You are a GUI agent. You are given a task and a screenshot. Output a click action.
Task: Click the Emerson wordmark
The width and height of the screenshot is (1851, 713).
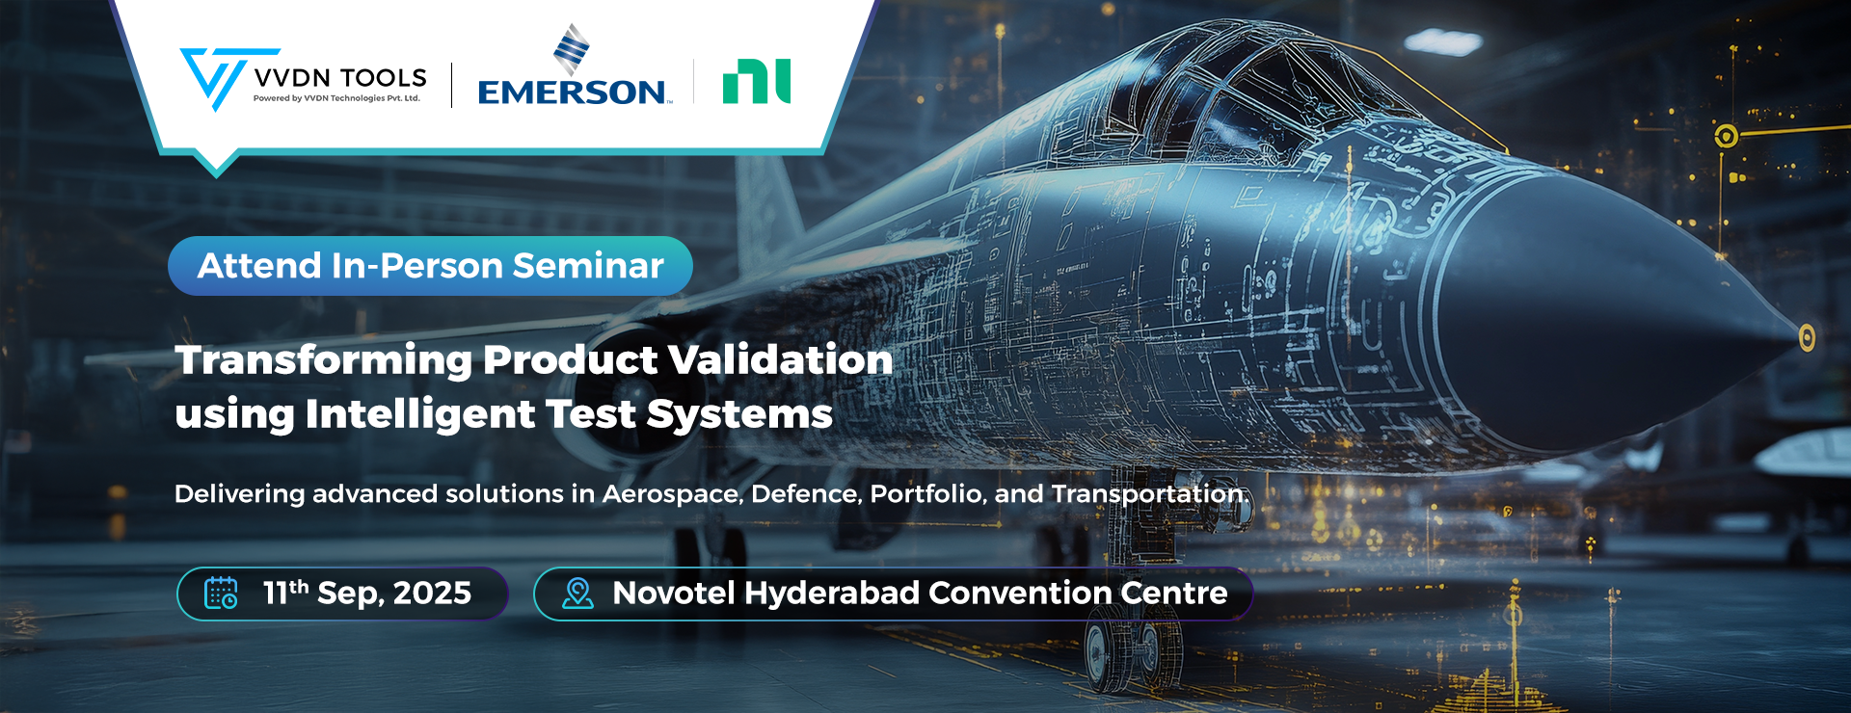[x=573, y=92]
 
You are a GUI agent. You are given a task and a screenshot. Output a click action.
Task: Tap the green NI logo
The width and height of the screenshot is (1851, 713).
[x=757, y=82]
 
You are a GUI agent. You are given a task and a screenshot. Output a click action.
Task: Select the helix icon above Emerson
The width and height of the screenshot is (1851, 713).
[x=571, y=49]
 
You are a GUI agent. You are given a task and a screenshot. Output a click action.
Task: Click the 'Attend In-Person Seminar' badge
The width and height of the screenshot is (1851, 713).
[x=430, y=266]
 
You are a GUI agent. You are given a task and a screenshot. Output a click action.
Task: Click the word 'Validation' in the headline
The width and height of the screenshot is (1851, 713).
[x=781, y=359]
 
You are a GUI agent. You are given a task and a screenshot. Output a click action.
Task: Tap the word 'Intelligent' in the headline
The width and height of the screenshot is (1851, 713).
[x=419, y=414]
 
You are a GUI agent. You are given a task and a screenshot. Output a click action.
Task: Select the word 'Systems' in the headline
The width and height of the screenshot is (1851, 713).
[x=739, y=415]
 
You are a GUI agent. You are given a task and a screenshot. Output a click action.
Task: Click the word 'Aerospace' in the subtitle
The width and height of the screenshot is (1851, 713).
[x=672, y=494]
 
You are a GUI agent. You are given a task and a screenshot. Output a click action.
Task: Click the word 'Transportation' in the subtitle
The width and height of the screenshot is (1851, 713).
[x=1150, y=494]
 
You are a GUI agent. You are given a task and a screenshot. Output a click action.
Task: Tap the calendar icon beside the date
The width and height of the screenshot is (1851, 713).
[x=221, y=593]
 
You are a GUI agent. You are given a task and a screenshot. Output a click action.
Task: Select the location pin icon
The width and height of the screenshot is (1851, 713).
[x=577, y=593]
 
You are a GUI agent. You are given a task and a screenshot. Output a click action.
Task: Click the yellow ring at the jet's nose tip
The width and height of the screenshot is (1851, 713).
[x=1807, y=337]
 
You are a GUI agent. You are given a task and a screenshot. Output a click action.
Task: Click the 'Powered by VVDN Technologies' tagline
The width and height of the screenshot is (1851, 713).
[x=336, y=98]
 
